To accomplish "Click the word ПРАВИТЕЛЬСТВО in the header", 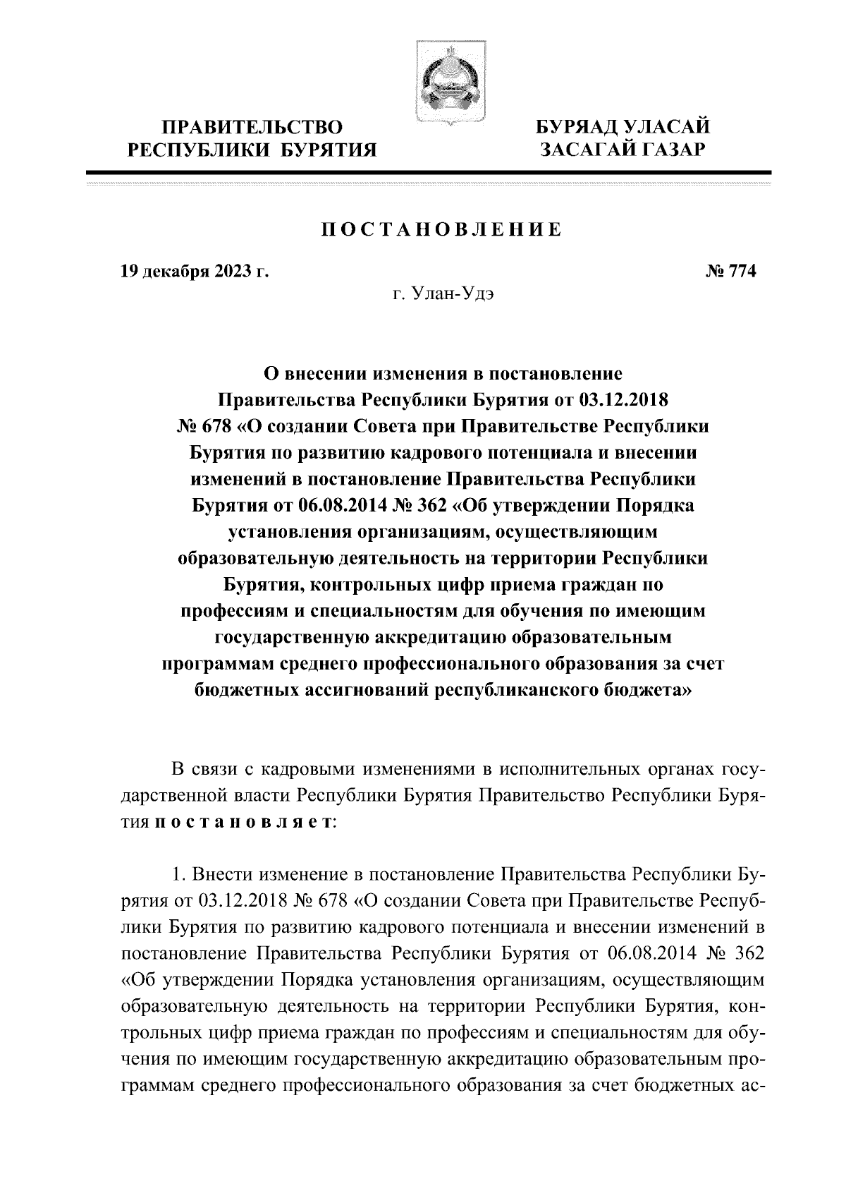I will (x=252, y=127).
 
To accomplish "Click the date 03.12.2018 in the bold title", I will (x=623, y=401).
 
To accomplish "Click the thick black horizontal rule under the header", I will (x=428, y=172).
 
